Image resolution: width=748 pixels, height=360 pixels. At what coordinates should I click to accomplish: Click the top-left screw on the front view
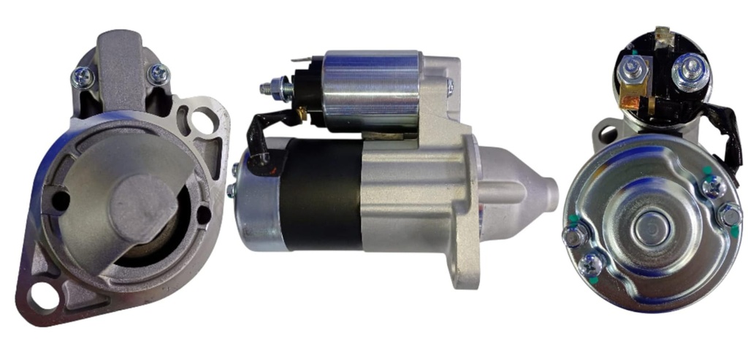[82, 74]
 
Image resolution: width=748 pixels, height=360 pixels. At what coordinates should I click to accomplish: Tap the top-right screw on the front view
[158, 73]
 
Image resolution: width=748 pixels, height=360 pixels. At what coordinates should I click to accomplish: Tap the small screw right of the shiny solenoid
[449, 88]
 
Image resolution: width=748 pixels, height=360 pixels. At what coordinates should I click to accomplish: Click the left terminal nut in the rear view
[630, 68]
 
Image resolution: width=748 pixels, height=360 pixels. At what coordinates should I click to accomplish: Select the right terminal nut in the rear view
[688, 71]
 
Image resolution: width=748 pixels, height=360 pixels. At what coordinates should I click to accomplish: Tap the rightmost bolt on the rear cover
[728, 215]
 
